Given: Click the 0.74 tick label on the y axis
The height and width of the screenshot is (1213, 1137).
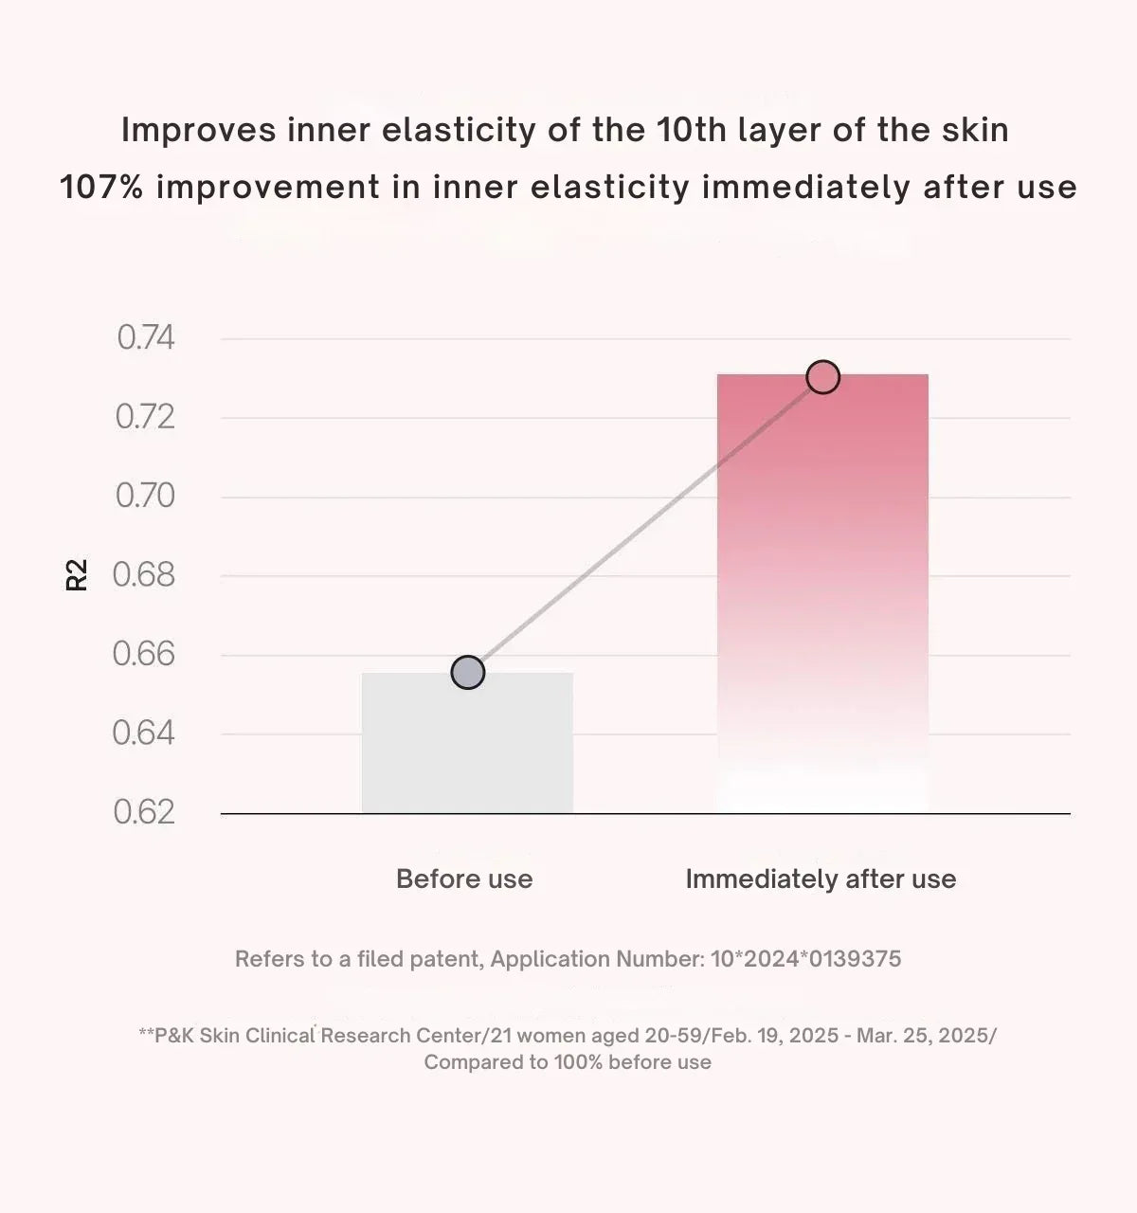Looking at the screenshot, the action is (x=145, y=337).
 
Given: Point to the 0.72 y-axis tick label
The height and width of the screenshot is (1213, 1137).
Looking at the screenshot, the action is (x=145, y=417).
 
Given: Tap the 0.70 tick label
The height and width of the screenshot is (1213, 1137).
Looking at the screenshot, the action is (x=145, y=496).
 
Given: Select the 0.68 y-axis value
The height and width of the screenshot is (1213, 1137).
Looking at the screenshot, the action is (x=144, y=574).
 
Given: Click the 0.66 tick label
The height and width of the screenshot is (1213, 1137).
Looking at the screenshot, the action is (x=144, y=654).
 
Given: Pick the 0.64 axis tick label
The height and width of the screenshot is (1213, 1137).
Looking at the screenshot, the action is (x=144, y=733).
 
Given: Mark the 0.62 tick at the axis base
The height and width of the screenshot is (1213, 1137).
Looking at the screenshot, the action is (x=144, y=812).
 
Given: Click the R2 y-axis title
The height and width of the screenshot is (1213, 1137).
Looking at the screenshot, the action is (x=77, y=574).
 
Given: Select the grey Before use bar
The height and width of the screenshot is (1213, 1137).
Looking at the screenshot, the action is (x=467, y=743).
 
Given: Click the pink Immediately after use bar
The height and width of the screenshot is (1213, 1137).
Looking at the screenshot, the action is (x=822, y=593).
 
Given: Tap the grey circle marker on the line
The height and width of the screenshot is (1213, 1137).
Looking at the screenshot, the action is (x=468, y=673).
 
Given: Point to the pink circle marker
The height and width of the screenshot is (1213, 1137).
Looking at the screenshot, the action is (x=823, y=377).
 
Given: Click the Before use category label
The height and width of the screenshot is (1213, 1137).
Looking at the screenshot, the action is (x=464, y=878).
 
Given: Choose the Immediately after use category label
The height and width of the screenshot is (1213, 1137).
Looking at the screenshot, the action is (x=821, y=879).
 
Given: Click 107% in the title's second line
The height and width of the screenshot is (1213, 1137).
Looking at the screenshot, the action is (x=101, y=187).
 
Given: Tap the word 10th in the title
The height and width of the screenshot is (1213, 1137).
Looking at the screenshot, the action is (x=691, y=130).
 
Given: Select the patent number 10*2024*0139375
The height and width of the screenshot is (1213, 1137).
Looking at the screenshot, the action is (x=806, y=958).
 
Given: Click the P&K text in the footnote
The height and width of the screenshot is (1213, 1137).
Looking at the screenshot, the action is (x=174, y=1035).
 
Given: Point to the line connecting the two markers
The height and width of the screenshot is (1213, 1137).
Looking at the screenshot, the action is (x=645, y=525).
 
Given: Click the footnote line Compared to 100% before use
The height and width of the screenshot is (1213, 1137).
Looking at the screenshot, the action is (x=568, y=1062).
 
